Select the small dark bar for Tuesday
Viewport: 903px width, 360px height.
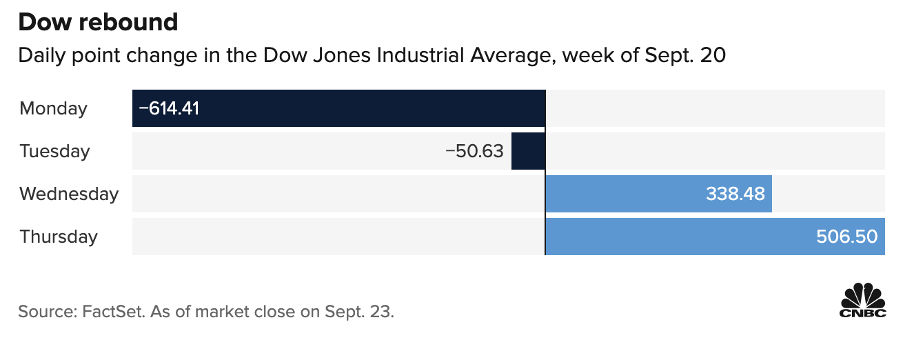tap(527, 151)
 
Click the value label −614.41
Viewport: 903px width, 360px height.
tap(169, 108)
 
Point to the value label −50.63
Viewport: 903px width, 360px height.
tap(474, 151)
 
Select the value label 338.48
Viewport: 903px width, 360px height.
tap(735, 194)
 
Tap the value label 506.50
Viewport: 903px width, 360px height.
tap(846, 237)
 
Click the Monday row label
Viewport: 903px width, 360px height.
tap(54, 108)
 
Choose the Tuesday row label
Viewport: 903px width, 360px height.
tap(54, 151)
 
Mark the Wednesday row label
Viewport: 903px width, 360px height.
tap(69, 194)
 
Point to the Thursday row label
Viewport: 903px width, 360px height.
tap(59, 237)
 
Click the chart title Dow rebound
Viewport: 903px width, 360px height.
tap(98, 22)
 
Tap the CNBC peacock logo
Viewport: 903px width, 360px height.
tap(862, 300)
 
